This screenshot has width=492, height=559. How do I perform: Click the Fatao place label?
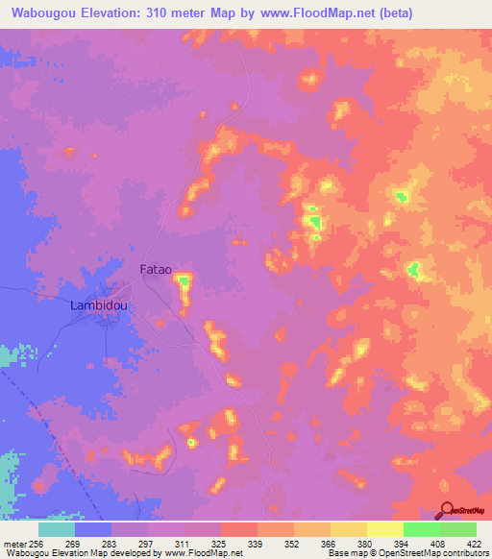[156, 270]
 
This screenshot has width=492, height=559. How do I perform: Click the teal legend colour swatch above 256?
[56, 529]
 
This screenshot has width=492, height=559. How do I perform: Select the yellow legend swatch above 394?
[384, 529]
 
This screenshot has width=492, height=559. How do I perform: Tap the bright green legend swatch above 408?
[421, 529]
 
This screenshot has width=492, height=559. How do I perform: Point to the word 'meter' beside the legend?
[13, 544]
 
